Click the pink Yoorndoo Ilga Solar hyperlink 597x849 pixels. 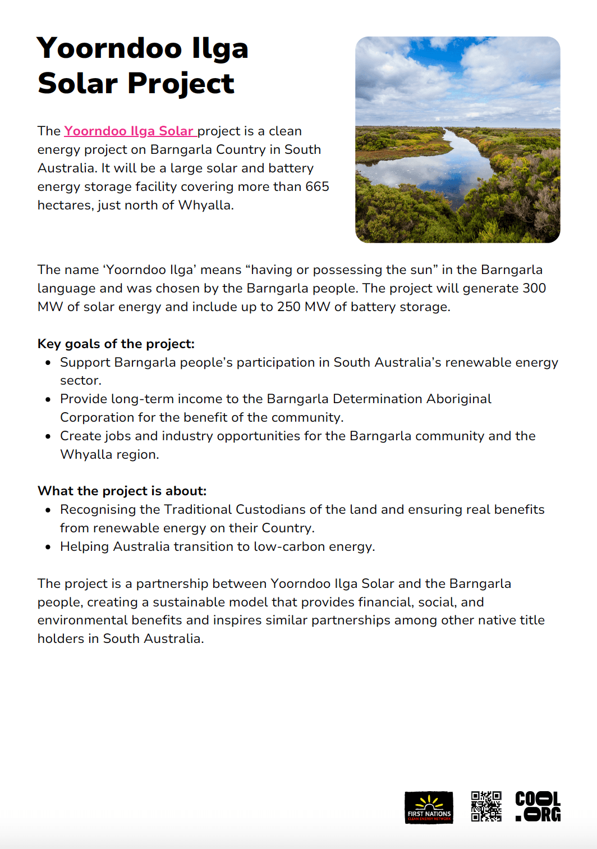point(130,131)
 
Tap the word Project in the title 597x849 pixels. point(181,84)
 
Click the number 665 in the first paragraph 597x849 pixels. point(317,186)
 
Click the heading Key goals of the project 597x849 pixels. point(116,344)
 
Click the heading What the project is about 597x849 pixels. point(122,491)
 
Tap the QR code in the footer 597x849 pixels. point(486,806)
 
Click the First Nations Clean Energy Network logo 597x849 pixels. point(429,807)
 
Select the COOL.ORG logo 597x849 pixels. point(538,806)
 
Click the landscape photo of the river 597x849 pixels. point(457,140)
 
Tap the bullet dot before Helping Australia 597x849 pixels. point(48,546)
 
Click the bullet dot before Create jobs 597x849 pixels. point(48,436)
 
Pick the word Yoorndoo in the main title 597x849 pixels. point(109,48)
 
